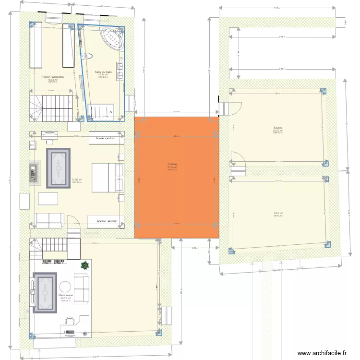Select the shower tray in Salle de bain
click(101, 111)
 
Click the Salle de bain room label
click(103, 72)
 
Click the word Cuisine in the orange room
click(172, 164)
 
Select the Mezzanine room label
click(65, 295)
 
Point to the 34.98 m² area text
click(77, 180)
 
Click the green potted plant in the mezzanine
click(84, 264)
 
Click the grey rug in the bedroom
click(58, 168)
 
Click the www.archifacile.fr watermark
click(322, 353)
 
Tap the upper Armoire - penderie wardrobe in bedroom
click(106, 139)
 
